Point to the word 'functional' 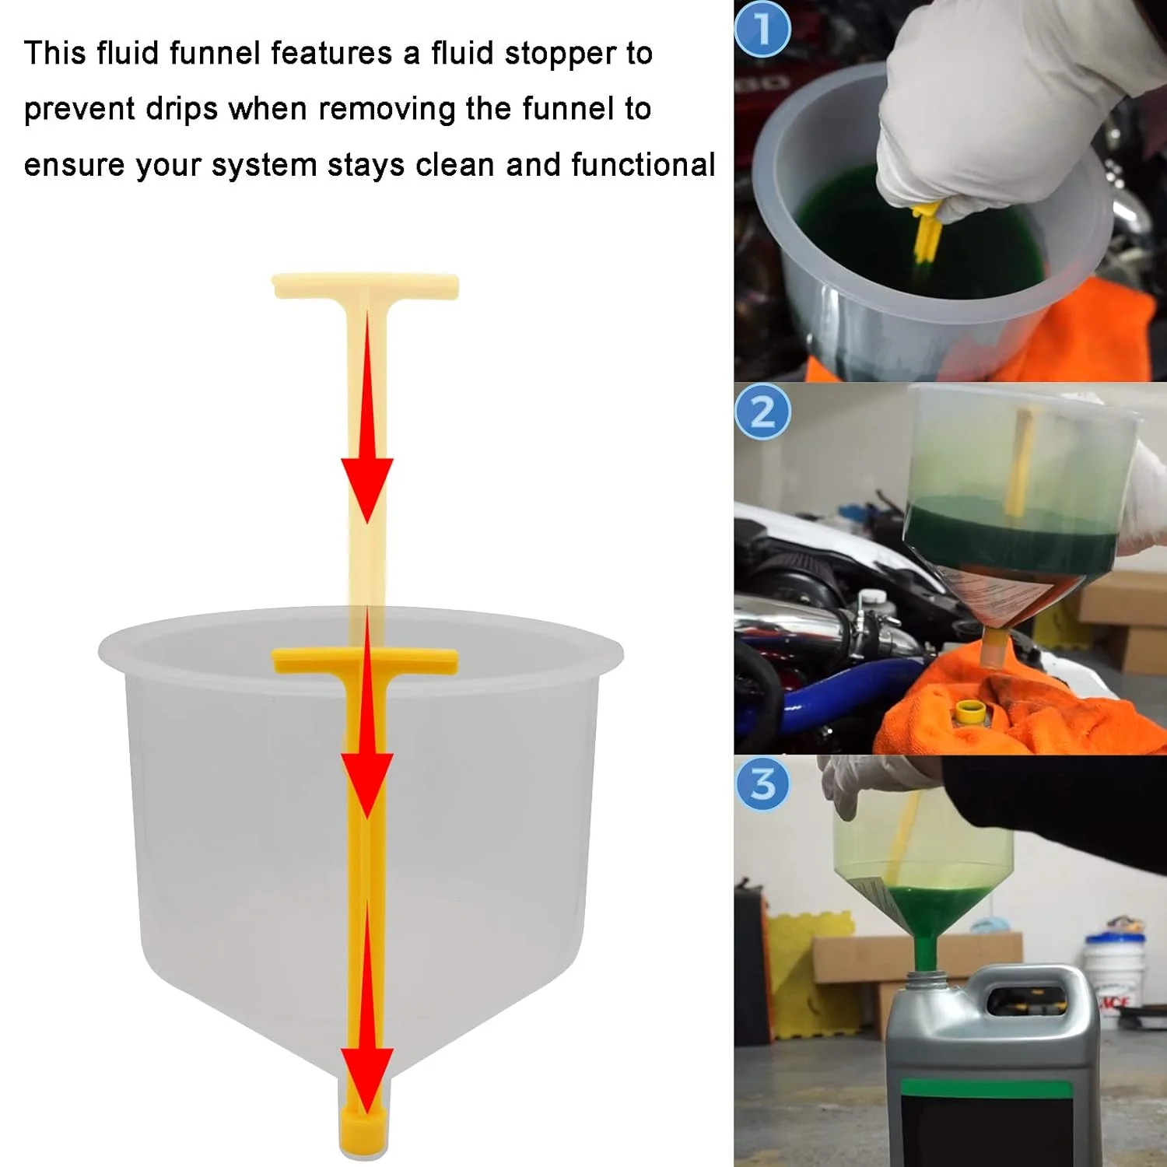tap(643, 165)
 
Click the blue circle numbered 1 tap(762, 29)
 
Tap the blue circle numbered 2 tap(762, 412)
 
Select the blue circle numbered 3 tap(762, 783)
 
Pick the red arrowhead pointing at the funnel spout tap(366, 1078)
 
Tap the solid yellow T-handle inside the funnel tap(365, 661)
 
